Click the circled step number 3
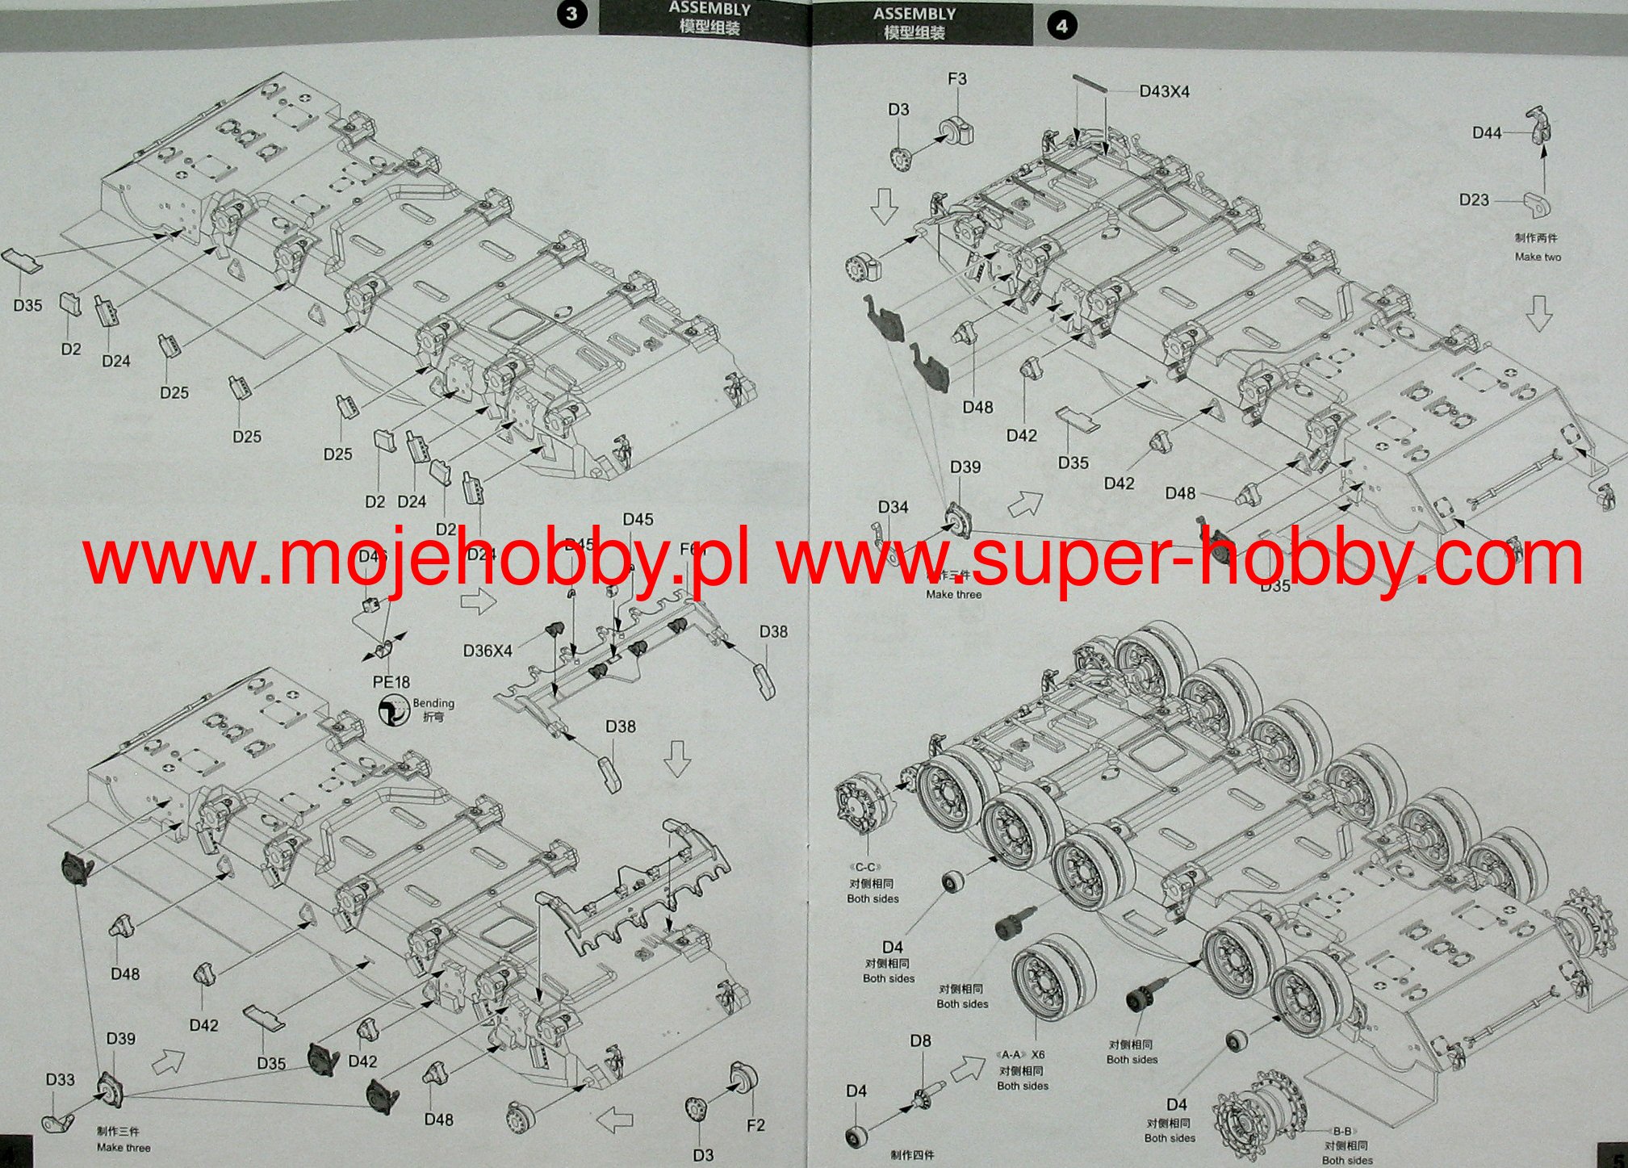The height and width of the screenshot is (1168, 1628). [x=571, y=15]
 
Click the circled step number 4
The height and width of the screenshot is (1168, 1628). [x=1061, y=26]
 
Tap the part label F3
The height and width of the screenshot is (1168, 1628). [x=956, y=79]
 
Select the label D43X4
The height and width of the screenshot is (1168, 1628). [x=1164, y=92]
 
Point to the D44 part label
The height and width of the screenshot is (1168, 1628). [x=1487, y=133]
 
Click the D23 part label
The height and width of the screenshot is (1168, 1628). [x=1474, y=199]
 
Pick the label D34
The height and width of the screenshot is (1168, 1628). [x=893, y=507]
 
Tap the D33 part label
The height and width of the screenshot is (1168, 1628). [x=61, y=1080]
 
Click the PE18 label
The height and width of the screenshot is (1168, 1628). [x=391, y=682]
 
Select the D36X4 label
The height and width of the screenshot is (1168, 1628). [x=488, y=651]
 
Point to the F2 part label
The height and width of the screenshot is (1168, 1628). [x=755, y=1125]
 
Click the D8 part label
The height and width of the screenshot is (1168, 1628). [x=920, y=1041]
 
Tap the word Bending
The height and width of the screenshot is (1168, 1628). [x=433, y=703]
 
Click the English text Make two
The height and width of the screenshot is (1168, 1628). [x=1538, y=257]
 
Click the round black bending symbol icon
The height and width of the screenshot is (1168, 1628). [x=393, y=710]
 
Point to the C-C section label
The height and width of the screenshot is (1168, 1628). [x=865, y=868]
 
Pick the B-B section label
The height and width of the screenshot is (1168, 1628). [x=1341, y=1132]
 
